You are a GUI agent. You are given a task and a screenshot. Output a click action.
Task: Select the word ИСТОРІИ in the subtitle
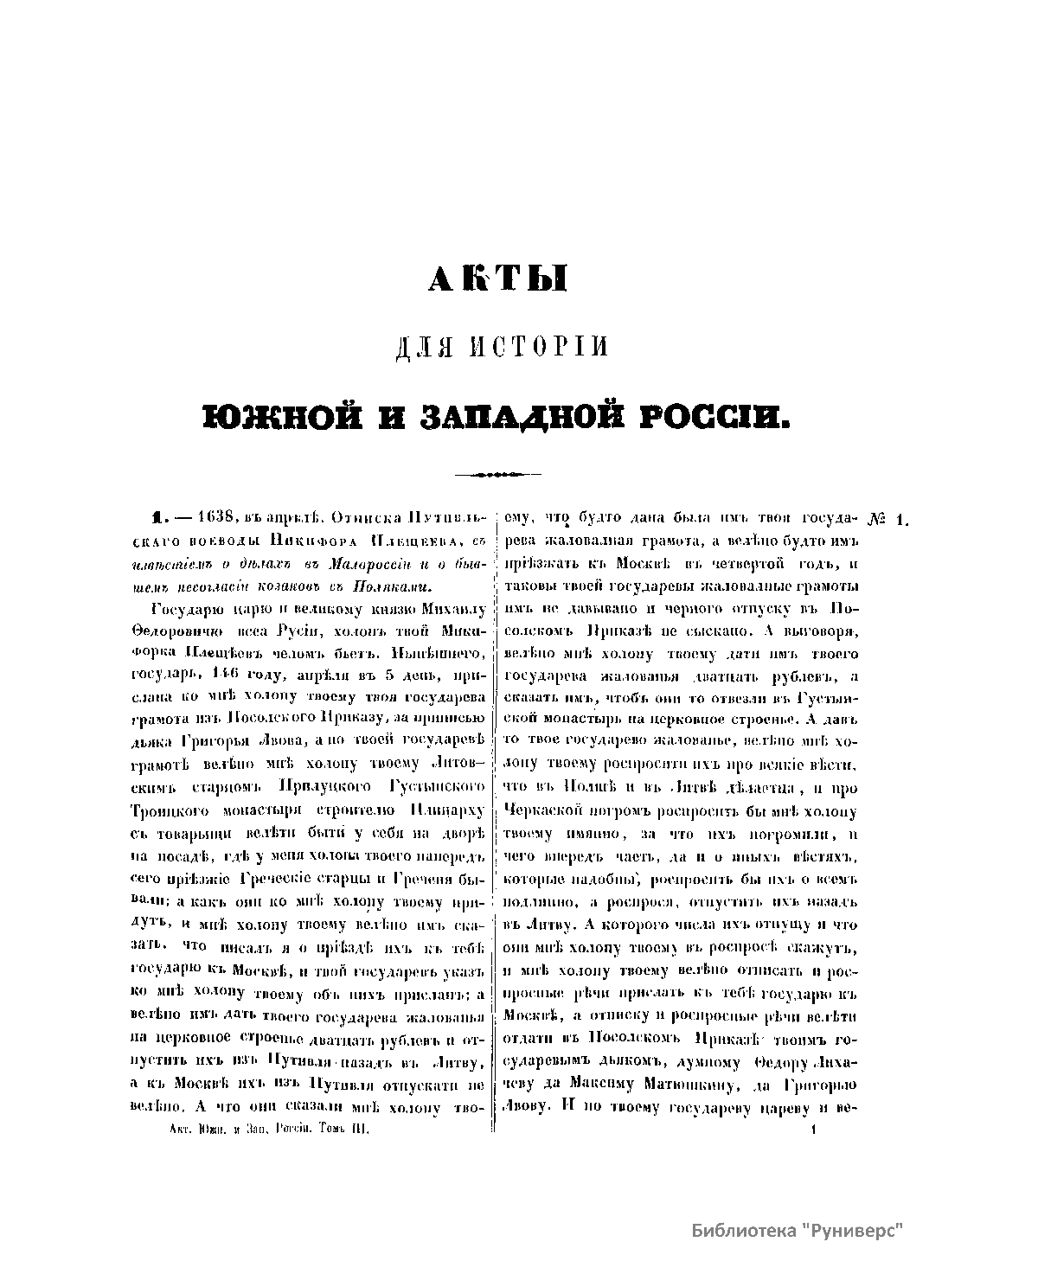point(541,346)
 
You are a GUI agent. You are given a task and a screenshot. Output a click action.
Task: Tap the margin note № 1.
point(887,520)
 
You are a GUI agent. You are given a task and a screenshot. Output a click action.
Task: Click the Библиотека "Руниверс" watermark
point(797,1231)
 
